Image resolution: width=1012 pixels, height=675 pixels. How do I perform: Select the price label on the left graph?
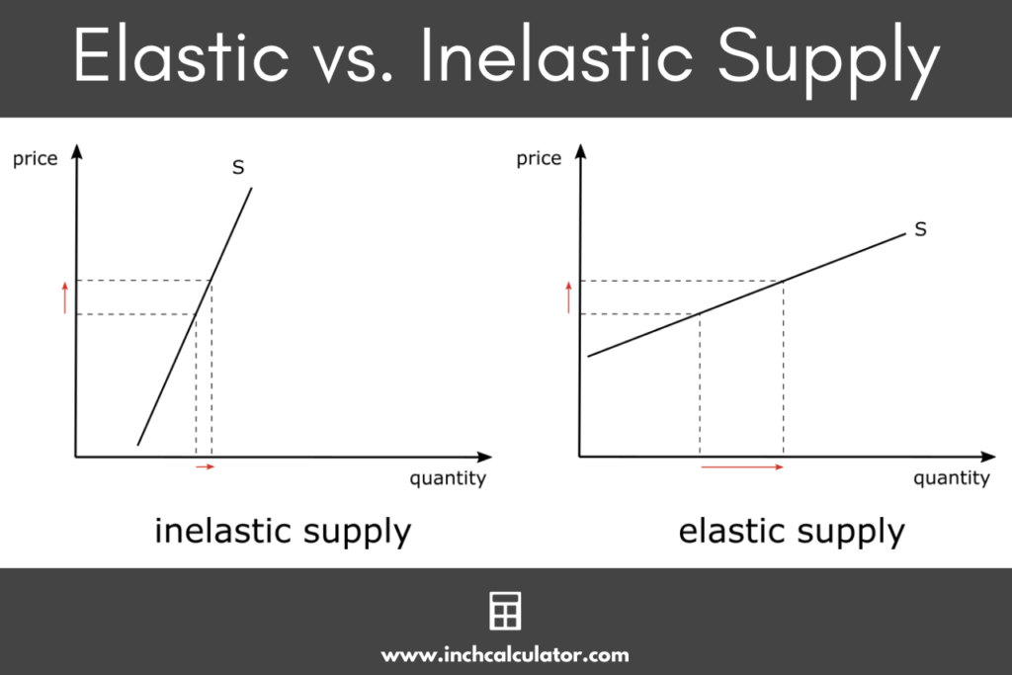click(x=36, y=159)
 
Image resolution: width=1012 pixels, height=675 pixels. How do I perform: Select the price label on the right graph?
click(x=539, y=159)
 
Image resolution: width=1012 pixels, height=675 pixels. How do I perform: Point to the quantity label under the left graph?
click(x=448, y=479)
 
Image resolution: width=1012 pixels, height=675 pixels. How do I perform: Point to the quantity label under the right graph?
click(x=951, y=479)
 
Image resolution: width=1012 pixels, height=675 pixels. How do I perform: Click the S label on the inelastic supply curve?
click(x=238, y=168)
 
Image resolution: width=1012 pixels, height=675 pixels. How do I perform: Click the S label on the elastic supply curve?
click(x=920, y=229)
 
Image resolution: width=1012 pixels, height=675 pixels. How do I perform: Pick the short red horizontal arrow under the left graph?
click(x=205, y=466)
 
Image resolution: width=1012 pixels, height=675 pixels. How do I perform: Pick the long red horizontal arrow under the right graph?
click(x=742, y=466)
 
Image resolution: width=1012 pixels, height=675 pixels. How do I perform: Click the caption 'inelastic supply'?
click(x=283, y=532)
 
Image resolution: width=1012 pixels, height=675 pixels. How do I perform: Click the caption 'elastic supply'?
click(x=791, y=532)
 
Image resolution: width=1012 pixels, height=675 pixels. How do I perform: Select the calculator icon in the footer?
click(x=505, y=612)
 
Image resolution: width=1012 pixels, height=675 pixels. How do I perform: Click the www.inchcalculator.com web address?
click(x=505, y=654)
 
